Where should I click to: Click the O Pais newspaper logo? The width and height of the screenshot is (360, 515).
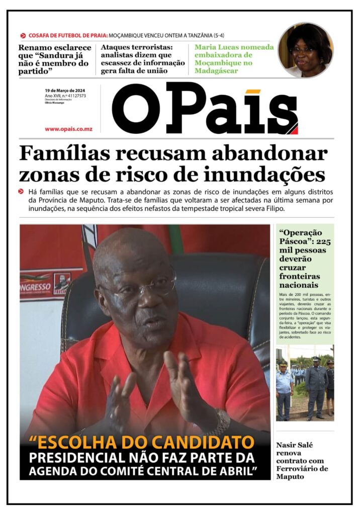(x=205, y=109)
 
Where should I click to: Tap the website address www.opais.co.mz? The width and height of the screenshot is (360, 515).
(x=68, y=129)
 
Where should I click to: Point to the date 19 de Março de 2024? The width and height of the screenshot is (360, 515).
(x=65, y=90)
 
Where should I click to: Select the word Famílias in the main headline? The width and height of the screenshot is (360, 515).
(x=63, y=153)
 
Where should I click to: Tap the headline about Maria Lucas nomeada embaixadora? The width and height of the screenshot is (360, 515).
(x=234, y=59)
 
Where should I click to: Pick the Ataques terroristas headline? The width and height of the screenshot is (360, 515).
(x=143, y=59)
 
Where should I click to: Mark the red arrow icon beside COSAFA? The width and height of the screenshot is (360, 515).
(x=23, y=36)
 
